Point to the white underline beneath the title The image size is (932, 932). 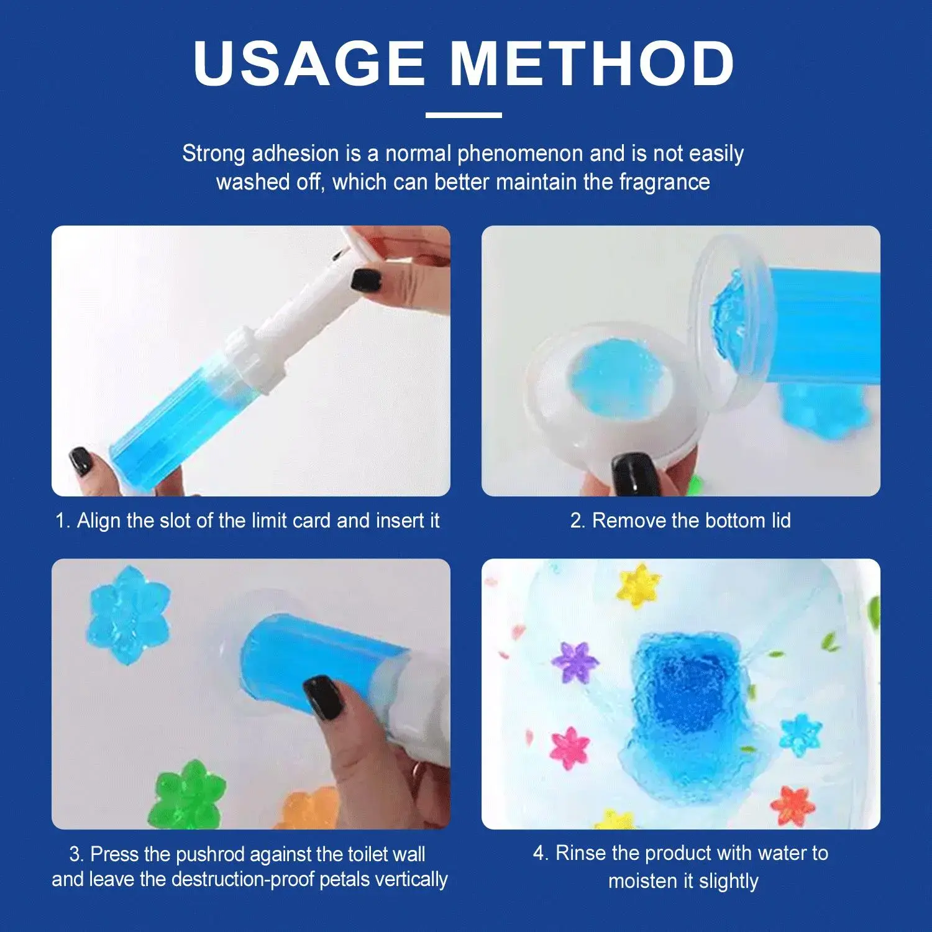[x=464, y=115]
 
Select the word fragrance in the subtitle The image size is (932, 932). [x=664, y=182]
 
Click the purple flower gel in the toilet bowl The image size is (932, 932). [x=575, y=662]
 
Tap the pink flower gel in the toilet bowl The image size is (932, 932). [x=569, y=749]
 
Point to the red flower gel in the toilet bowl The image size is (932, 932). [x=792, y=805]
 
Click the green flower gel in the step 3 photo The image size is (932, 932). [x=186, y=795]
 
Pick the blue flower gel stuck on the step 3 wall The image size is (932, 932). [x=129, y=614]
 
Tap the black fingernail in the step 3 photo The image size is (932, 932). [x=323, y=697]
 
